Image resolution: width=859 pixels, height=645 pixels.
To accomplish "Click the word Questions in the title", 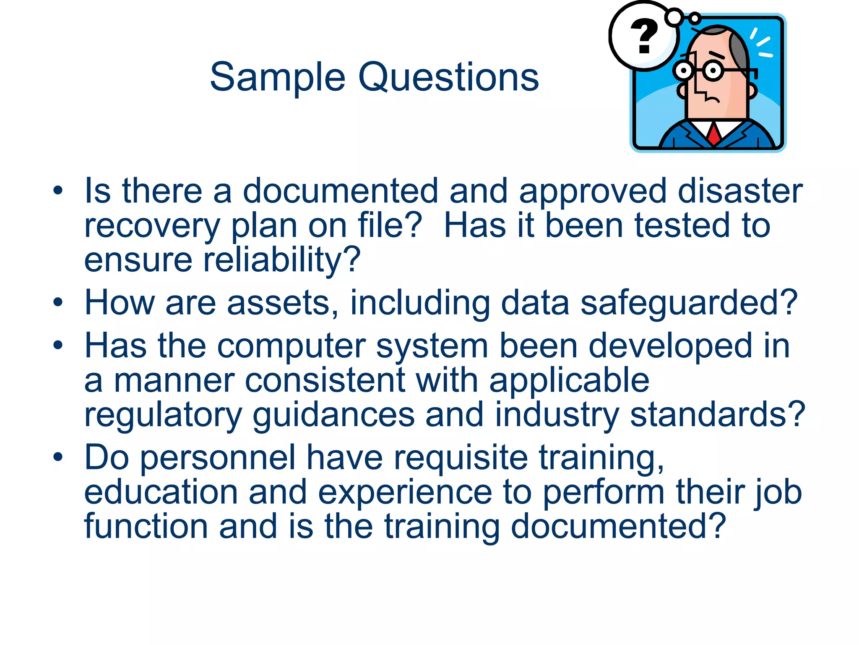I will [448, 78].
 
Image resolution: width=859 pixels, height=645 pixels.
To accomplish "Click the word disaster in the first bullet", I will [740, 191].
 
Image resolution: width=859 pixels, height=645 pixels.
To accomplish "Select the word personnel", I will [218, 458].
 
